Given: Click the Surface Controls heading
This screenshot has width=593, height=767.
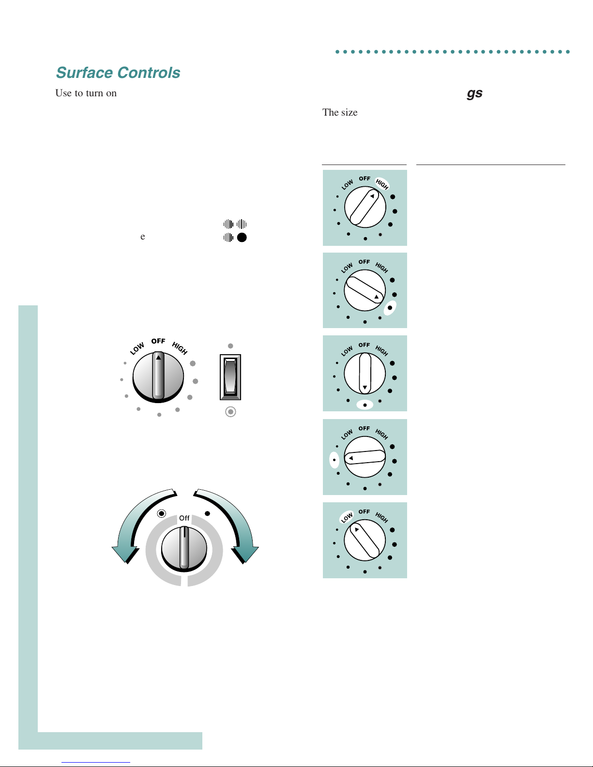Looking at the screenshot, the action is [118, 73].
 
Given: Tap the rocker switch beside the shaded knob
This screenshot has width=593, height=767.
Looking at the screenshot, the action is [230, 377].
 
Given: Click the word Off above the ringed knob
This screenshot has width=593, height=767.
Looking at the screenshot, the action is [184, 518].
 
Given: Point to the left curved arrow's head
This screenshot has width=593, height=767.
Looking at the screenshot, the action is [125, 554].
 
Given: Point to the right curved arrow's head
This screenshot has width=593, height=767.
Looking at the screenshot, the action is [245, 554].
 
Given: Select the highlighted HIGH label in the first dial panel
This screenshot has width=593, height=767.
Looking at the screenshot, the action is [382, 183].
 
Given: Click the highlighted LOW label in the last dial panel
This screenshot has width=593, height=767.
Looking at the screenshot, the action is [347, 517].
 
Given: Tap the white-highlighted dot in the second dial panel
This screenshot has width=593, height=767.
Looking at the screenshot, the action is [390, 308].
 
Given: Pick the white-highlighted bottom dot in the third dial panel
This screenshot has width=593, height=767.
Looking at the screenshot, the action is [365, 405].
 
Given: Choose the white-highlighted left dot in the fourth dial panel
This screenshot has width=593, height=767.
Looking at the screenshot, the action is [335, 460].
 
